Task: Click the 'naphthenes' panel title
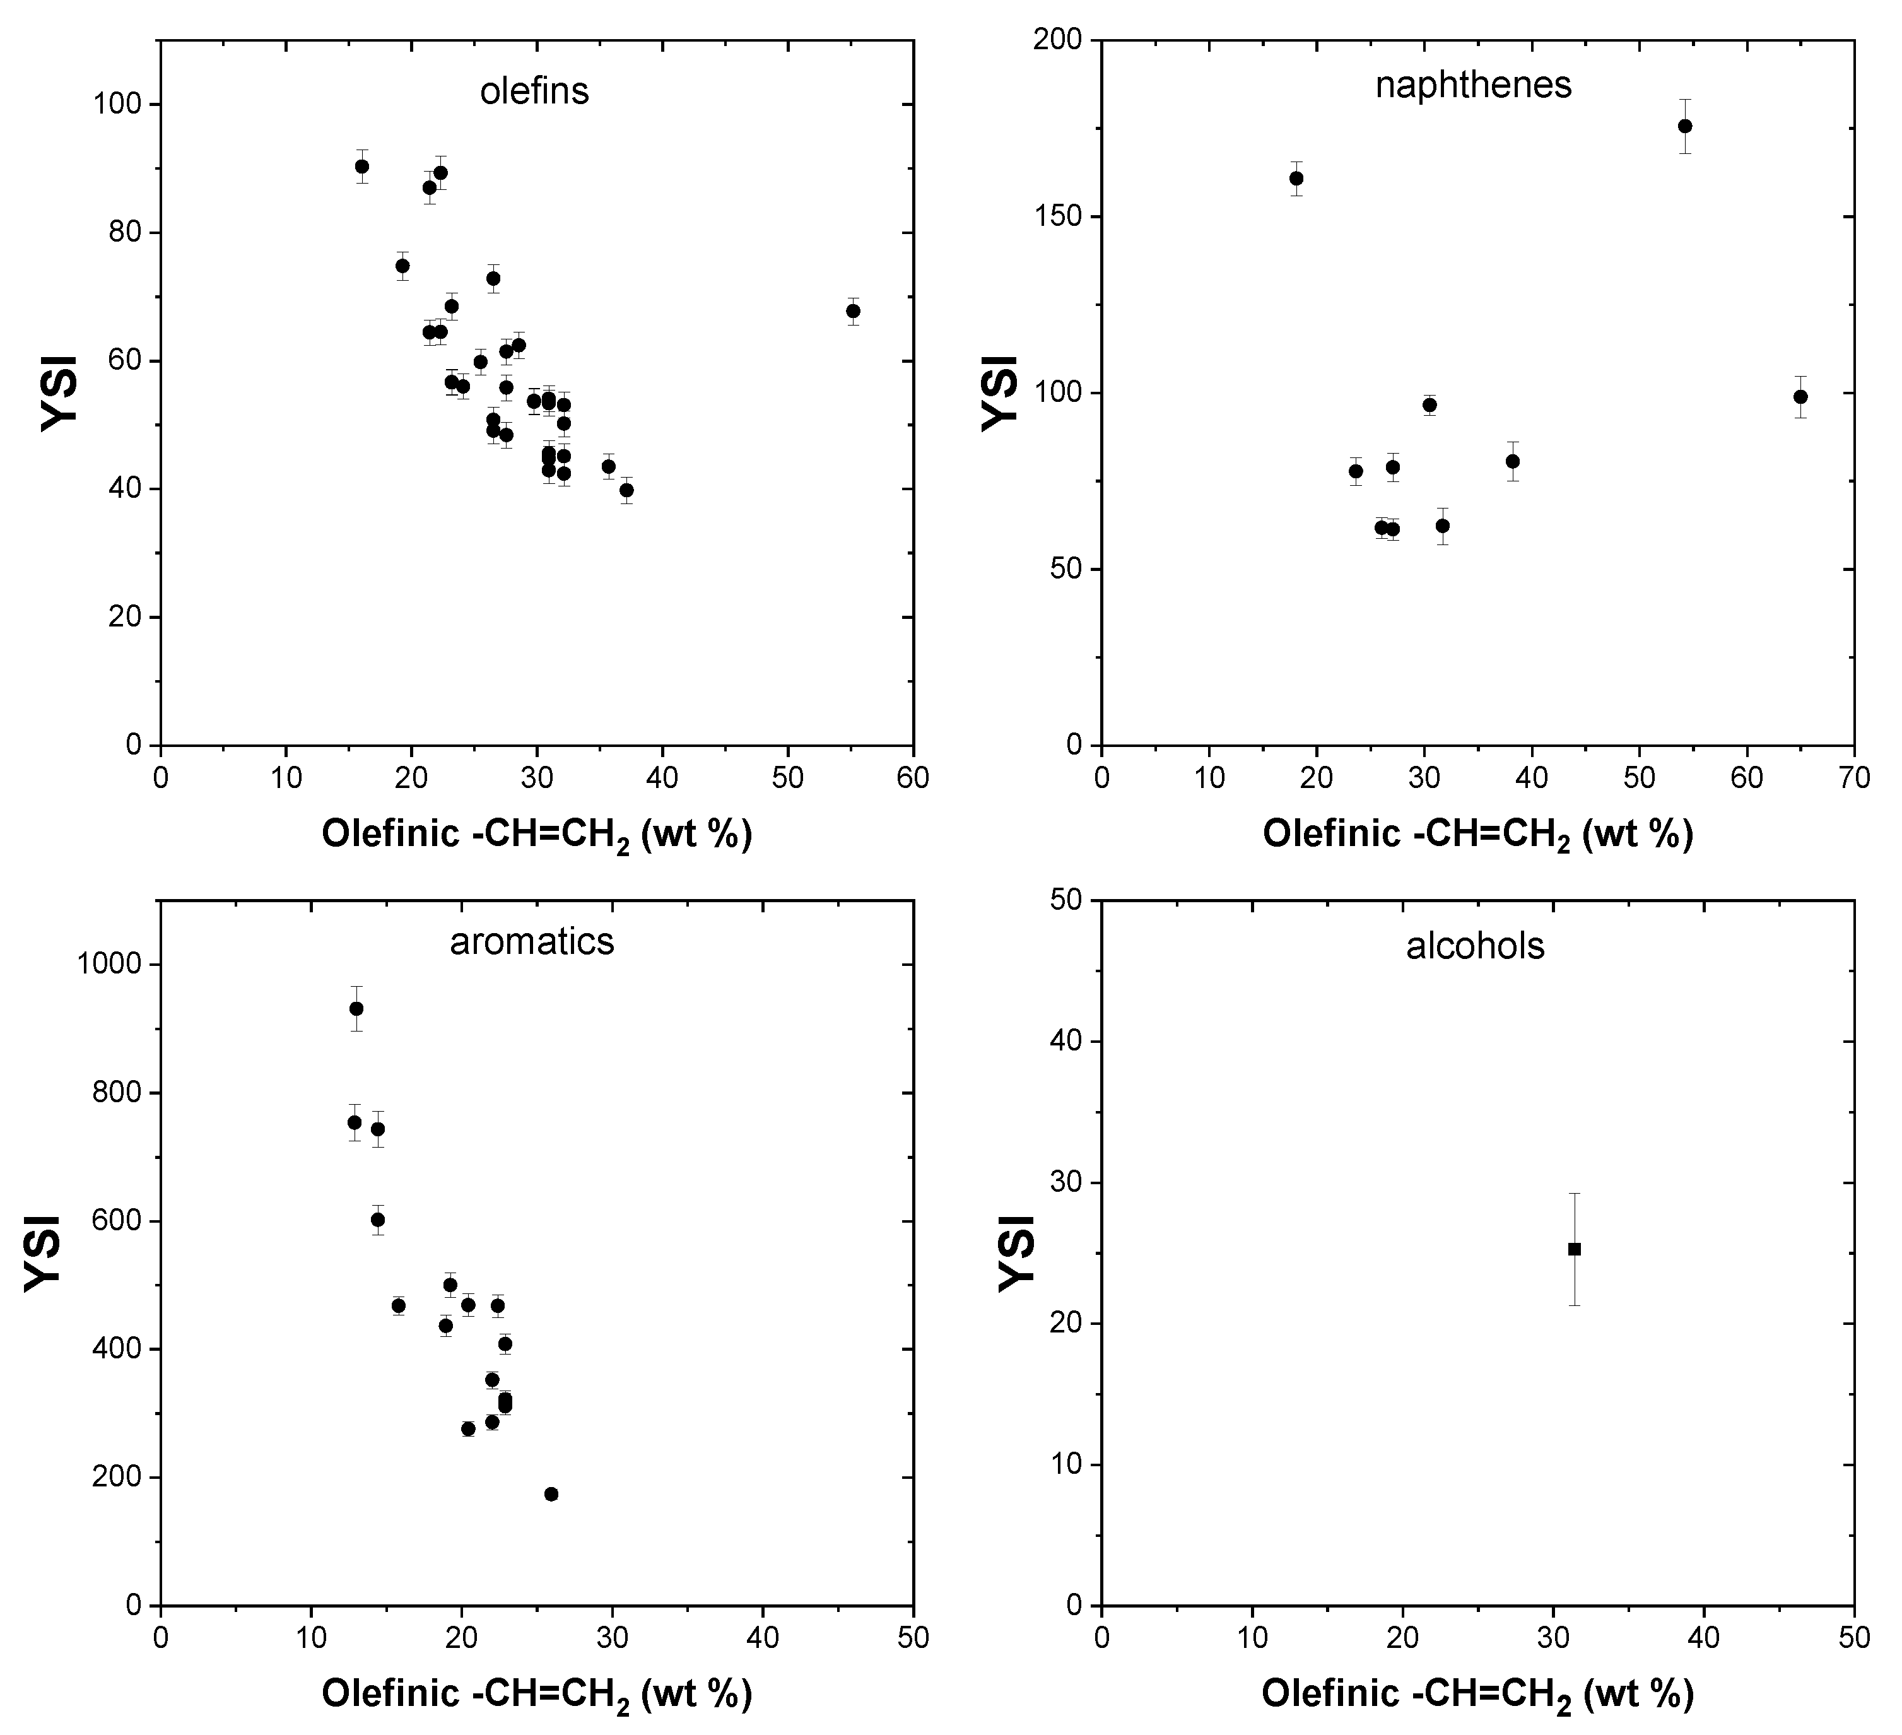[1473, 85]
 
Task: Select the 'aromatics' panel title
[531, 941]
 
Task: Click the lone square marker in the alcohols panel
[1574, 1249]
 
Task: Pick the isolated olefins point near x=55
[853, 311]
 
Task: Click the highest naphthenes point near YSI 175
[1685, 126]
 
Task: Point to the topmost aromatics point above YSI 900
[356, 1009]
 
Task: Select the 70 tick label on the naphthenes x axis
[1854, 779]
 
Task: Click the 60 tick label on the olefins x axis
[912, 779]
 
